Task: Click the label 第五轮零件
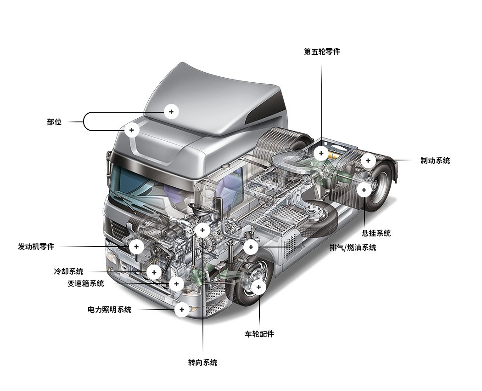(x=322, y=52)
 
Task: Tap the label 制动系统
(x=435, y=161)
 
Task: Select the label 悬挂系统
(x=376, y=233)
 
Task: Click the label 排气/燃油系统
(x=352, y=247)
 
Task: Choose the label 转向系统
(x=202, y=362)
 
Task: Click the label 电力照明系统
(x=109, y=310)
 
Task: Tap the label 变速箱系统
(x=85, y=283)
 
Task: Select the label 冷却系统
(x=68, y=271)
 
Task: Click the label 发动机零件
(x=36, y=247)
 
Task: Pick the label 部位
(x=54, y=122)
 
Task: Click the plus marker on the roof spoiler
(x=171, y=111)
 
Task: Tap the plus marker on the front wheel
(x=258, y=287)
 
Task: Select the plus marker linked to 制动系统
(x=368, y=161)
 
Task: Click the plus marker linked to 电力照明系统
(x=182, y=310)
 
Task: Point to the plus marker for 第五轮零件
(x=321, y=153)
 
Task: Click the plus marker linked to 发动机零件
(x=136, y=247)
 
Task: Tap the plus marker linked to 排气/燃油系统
(x=251, y=247)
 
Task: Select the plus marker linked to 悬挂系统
(x=364, y=190)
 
